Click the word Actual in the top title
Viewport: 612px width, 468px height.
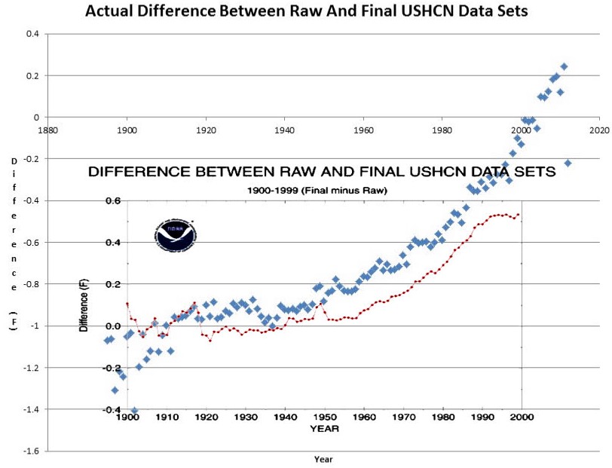112,11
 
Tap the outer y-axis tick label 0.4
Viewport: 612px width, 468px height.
33,35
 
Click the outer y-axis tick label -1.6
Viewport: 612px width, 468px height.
30,451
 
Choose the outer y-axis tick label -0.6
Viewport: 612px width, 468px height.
30,242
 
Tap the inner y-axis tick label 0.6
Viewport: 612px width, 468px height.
112,201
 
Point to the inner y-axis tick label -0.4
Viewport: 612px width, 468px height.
111,410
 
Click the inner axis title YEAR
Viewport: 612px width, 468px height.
324,429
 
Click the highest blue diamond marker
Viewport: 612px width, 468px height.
564,66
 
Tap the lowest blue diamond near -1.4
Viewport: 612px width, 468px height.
134,411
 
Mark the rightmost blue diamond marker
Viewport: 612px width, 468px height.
568,163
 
